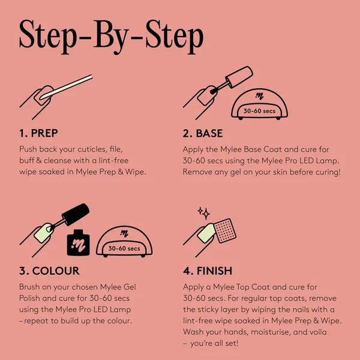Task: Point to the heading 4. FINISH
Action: click(x=208, y=271)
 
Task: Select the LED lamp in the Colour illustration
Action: click(x=125, y=241)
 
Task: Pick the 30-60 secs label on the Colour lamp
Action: click(x=125, y=248)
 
